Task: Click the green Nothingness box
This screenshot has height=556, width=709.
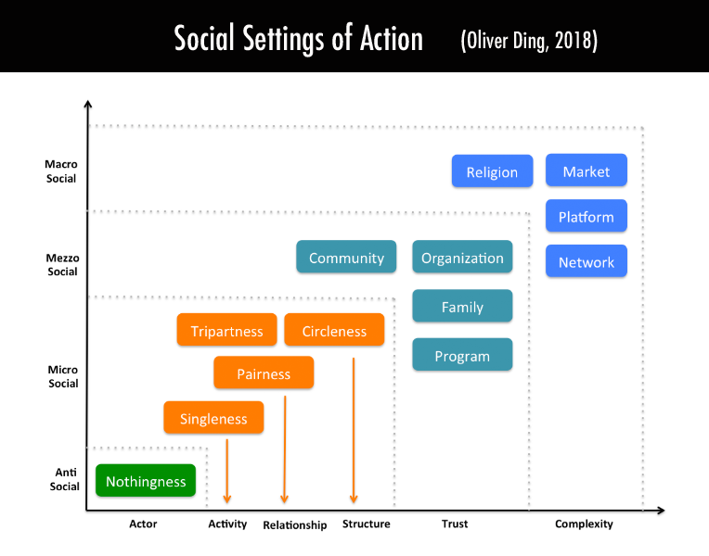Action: click(x=146, y=481)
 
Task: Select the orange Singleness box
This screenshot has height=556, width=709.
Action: click(x=213, y=418)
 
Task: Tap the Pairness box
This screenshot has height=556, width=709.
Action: click(x=264, y=373)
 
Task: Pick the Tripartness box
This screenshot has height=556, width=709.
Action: click(x=226, y=331)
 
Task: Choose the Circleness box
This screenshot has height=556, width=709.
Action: click(x=334, y=331)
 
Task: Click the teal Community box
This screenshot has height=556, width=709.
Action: click(x=346, y=258)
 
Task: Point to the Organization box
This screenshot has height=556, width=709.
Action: click(x=462, y=258)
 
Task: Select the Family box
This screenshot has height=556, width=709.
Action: click(x=462, y=307)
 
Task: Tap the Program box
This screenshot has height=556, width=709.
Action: click(x=462, y=356)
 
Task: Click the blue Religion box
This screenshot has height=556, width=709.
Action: click(x=492, y=171)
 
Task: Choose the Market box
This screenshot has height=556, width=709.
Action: click(x=587, y=171)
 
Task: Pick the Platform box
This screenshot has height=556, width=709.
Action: click(x=587, y=217)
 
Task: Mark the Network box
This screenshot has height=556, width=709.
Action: click(x=587, y=262)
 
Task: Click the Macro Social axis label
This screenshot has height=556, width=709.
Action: click(x=61, y=171)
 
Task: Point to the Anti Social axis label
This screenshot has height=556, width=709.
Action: click(x=64, y=479)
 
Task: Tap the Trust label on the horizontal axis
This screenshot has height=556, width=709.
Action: click(x=455, y=524)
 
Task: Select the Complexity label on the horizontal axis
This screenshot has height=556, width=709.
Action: click(x=584, y=524)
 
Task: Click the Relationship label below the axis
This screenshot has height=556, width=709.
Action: click(x=295, y=525)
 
